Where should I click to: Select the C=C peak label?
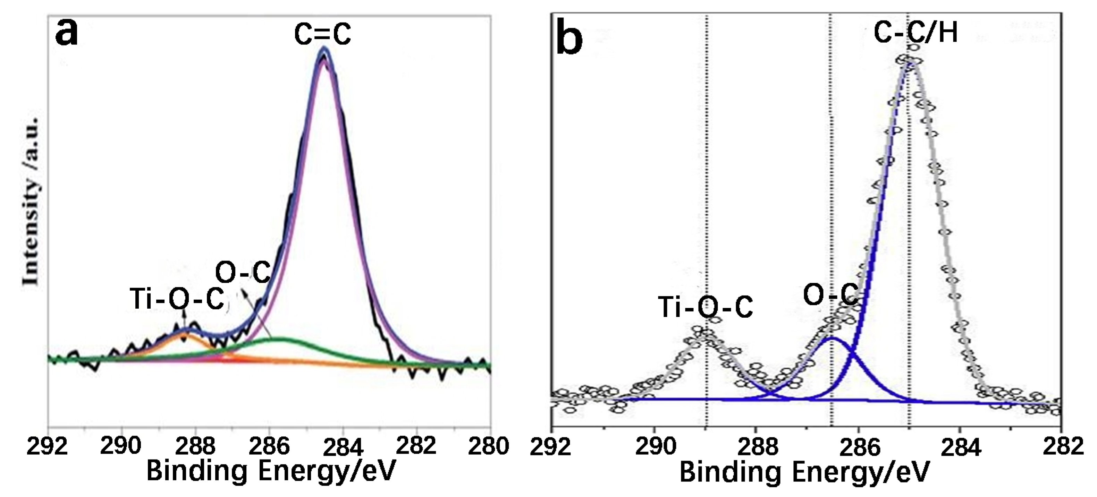click(x=322, y=34)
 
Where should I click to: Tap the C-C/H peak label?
click(x=915, y=32)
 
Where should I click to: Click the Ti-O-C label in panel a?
click(x=177, y=299)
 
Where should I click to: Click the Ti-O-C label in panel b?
click(x=705, y=307)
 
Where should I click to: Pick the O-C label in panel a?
click(x=242, y=272)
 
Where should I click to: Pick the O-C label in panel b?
click(x=830, y=294)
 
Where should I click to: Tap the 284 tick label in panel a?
click(x=343, y=447)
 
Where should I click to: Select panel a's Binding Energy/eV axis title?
click(x=271, y=471)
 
